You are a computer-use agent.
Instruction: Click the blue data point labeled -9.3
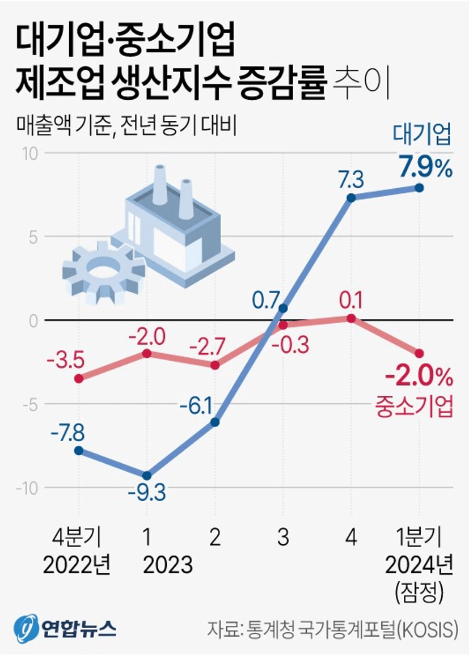tap(146, 475)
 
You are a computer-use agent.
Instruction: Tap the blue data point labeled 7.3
tap(351, 198)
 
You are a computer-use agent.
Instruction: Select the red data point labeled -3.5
tap(79, 378)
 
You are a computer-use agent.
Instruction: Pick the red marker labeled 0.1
tap(351, 318)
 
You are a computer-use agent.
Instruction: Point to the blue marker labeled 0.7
tap(283, 308)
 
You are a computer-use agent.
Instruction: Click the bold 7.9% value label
tap(424, 167)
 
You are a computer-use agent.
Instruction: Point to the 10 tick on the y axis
tap(31, 153)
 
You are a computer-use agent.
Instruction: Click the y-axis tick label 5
tap(33, 236)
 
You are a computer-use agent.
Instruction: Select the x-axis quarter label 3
tap(283, 536)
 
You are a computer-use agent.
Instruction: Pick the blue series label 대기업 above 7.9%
tap(424, 137)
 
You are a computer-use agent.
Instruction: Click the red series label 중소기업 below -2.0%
tap(415, 405)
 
